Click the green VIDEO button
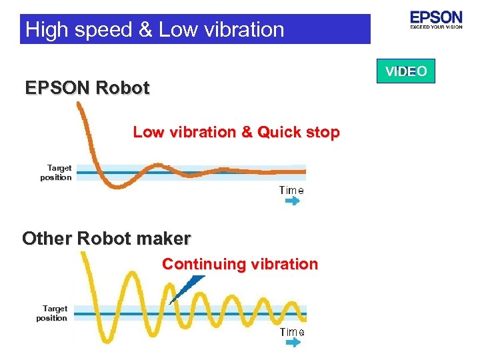coord(405,71)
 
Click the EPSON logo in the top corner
coord(436,17)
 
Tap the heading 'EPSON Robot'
coord(87,88)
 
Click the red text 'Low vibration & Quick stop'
coord(236,132)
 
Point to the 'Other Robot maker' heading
coord(107,238)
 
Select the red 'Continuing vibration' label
coord(240,264)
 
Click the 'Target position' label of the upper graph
coord(56,173)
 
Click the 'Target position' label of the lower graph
coord(53,313)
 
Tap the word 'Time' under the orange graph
coord(291,190)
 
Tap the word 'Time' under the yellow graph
coord(292,331)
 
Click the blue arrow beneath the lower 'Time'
coord(292,342)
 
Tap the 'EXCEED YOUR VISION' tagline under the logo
coord(436,27)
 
